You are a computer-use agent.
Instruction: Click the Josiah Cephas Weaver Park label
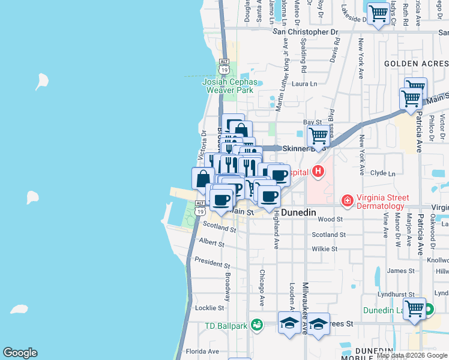pyautogui.click(x=231, y=86)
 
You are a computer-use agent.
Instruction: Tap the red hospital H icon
pyautogui.click(x=318, y=172)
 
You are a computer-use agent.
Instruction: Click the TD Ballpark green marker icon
pyautogui.click(x=258, y=324)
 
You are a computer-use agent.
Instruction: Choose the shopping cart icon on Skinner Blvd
pyautogui.click(x=318, y=136)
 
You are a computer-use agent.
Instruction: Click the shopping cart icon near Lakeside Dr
pyautogui.click(x=378, y=13)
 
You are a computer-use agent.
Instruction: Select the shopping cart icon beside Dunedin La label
pyautogui.click(x=415, y=309)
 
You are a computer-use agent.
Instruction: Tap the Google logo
pyautogui.click(x=20, y=353)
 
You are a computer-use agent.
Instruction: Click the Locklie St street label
pyautogui.click(x=210, y=308)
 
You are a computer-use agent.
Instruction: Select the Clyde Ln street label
pyautogui.click(x=383, y=173)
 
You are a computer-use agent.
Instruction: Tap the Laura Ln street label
pyautogui.click(x=304, y=84)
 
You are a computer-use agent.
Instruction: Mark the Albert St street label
pyautogui.click(x=211, y=242)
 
